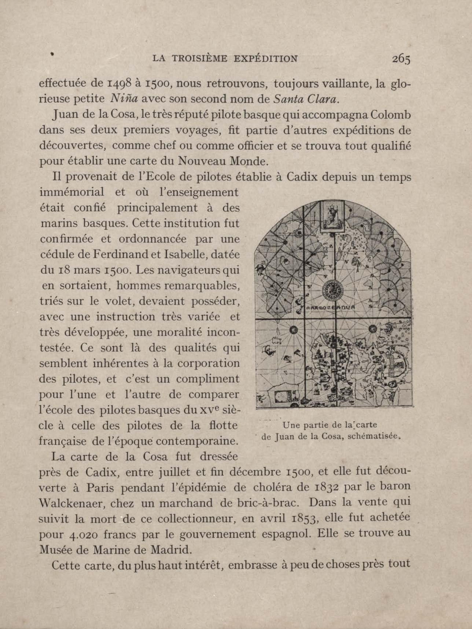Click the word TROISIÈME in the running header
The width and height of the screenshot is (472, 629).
tap(200, 59)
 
